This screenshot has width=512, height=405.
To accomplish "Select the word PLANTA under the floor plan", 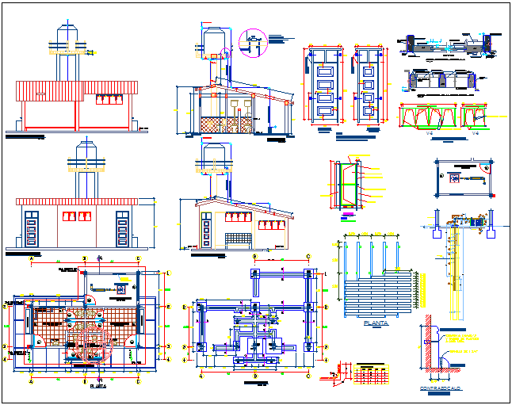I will tap(98, 386).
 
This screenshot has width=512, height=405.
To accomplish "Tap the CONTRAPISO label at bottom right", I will tap(441, 388).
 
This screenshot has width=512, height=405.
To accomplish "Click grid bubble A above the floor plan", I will tap(31, 259).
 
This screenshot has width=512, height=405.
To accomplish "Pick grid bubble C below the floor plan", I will tap(137, 380).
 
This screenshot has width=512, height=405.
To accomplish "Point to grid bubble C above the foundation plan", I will tap(308, 256).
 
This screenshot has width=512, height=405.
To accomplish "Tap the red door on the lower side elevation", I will tap(208, 229).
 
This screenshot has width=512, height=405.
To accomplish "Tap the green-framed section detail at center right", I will tap(345, 186).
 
